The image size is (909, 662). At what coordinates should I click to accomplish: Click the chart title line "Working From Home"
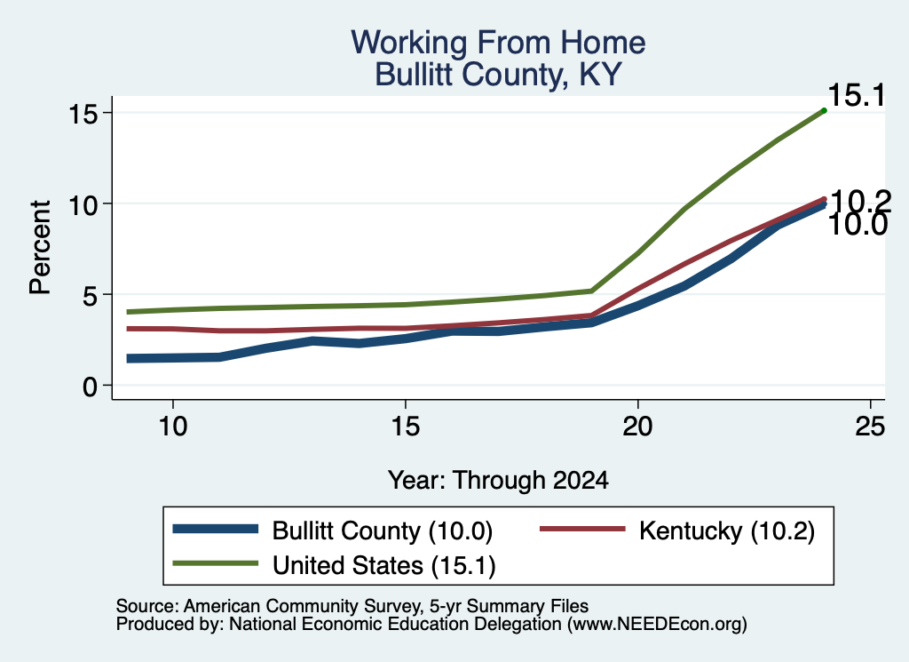click(x=498, y=43)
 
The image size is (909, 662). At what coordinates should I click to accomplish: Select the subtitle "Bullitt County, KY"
click(x=498, y=75)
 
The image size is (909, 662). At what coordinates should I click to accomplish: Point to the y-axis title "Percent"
click(x=40, y=247)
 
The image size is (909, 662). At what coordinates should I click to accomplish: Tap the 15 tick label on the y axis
click(x=83, y=113)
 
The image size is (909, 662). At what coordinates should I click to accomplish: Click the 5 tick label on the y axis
click(x=90, y=295)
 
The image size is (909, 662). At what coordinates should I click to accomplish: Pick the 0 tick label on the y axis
click(x=90, y=387)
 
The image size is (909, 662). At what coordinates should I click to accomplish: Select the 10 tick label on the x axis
click(x=173, y=427)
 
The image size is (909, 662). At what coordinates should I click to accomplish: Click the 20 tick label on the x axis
click(x=637, y=427)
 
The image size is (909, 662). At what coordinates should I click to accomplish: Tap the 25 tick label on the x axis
click(x=870, y=427)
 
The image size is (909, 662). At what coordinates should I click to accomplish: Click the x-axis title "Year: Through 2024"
click(x=498, y=481)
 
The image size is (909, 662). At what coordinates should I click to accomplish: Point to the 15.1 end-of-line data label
click(x=857, y=95)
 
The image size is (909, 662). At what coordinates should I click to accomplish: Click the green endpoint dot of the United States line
click(x=824, y=110)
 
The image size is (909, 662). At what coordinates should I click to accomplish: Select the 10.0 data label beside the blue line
click(x=858, y=225)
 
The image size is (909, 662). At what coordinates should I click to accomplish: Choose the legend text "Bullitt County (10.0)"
click(x=383, y=530)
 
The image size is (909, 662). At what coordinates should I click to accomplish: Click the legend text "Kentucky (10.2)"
click(x=727, y=530)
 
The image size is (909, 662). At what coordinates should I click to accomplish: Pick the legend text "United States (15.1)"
click(x=384, y=566)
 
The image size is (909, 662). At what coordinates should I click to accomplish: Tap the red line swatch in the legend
click(x=582, y=529)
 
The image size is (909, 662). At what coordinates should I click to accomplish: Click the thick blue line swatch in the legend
click(x=216, y=529)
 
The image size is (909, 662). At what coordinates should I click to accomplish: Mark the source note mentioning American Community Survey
click(x=352, y=606)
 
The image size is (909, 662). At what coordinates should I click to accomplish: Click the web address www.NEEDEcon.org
click(x=657, y=625)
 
